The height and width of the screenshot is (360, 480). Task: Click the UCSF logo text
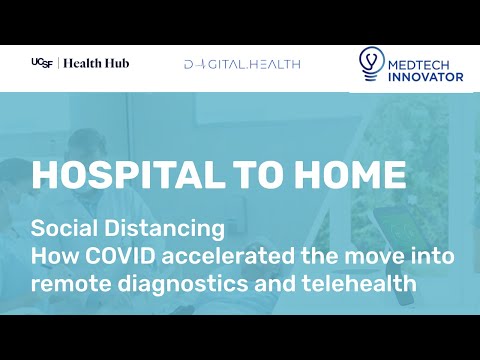click(42, 63)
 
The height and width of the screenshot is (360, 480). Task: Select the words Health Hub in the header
click(96, 63)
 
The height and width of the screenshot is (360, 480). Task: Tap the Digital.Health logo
click(242, 64)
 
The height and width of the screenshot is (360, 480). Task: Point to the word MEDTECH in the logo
click(424, 58)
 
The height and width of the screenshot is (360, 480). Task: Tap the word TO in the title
click(255, 175)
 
